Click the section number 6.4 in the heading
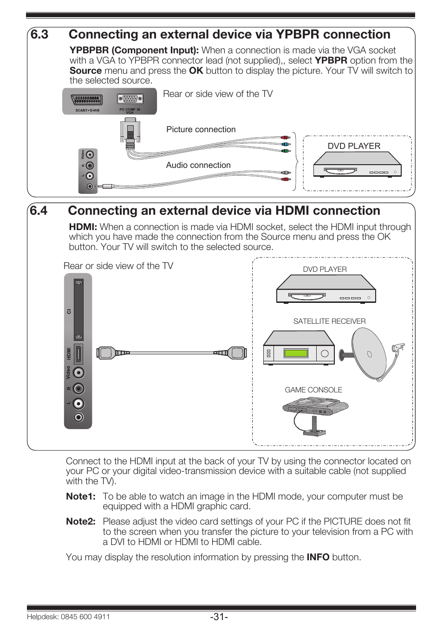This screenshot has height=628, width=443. (39, 211)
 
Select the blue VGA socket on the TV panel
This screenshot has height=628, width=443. (130, 99)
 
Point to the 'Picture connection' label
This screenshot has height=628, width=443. (201, 130)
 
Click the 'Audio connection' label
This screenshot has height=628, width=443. (198, 165)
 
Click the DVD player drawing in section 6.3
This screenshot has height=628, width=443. (357, 165)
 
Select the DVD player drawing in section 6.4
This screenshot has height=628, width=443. (326, 289)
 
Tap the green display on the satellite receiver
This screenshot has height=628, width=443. (296, 353)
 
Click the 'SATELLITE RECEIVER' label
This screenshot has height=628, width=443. (329, 321)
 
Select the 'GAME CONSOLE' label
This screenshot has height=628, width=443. (313, 390)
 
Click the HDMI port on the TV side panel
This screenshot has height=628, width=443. (78, 354)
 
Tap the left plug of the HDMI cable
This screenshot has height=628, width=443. (107, 353)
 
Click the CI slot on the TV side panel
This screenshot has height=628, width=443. (78, 310)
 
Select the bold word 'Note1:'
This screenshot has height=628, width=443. (81, 497)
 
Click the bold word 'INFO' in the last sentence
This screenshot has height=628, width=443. (318, 558)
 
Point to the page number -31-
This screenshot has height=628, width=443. (219, 617)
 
